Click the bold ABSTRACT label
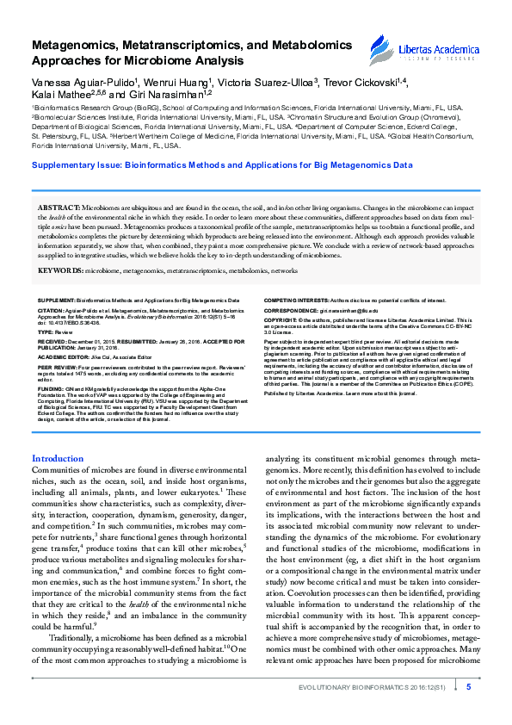click(58, 209)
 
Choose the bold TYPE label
click(46, 306)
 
